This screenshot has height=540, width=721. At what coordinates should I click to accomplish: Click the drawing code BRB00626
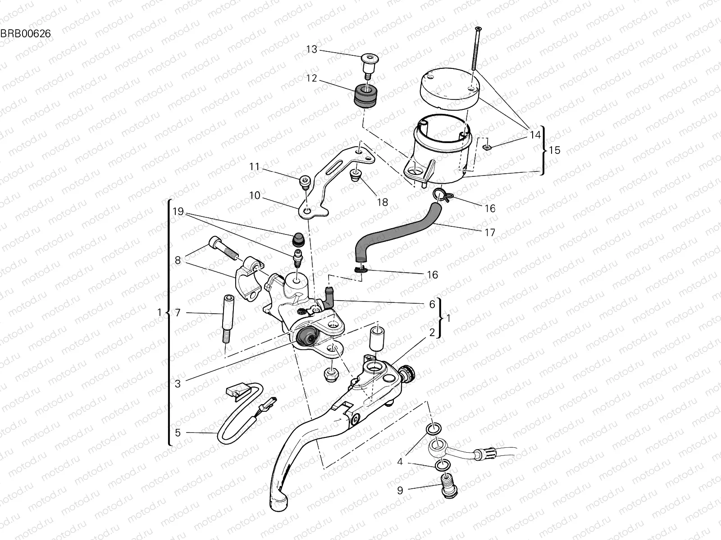coord(25,33)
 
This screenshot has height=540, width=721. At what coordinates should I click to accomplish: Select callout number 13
coord(312,49)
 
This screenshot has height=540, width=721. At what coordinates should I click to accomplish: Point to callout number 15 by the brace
coord(555,150)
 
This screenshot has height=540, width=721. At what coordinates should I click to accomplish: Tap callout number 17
coord(490,233)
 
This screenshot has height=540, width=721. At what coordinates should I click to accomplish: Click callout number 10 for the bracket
coord(255,195)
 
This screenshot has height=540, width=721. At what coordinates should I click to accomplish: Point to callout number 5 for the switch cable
coord(178,433)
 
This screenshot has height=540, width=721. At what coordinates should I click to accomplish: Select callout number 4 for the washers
coord(400,462)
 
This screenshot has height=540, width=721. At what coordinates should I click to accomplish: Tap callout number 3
coord(178,384)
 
